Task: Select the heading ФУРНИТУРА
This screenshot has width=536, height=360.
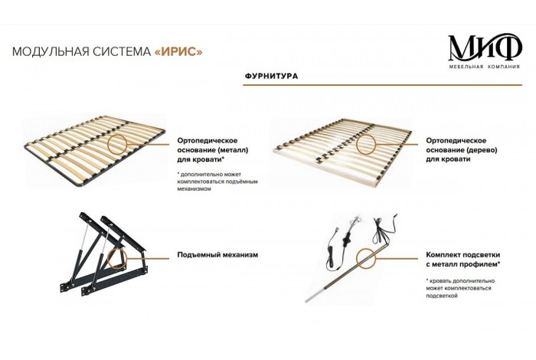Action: (x=271, y=77)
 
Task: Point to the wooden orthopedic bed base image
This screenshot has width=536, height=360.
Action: (x=345, y=146)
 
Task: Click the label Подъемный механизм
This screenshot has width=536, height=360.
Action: (x=217, y=254)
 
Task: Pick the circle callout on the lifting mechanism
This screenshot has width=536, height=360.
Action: (x=120, y=257)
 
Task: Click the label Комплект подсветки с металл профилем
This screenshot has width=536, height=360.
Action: (x=463, y=259)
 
